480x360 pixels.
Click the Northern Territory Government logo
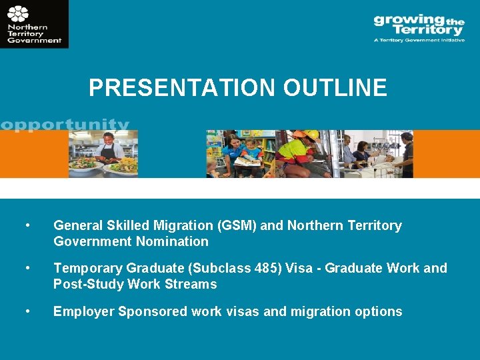[34, 24]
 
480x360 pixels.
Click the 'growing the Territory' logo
[419, 25]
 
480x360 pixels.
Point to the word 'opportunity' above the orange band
[65, 125]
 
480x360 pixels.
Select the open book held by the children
[247, 160]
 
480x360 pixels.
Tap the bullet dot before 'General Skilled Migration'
[27, 225]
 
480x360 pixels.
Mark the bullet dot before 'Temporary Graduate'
[27, 268]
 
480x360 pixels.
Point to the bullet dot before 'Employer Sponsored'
[27, 311]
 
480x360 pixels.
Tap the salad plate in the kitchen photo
[86, 165]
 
